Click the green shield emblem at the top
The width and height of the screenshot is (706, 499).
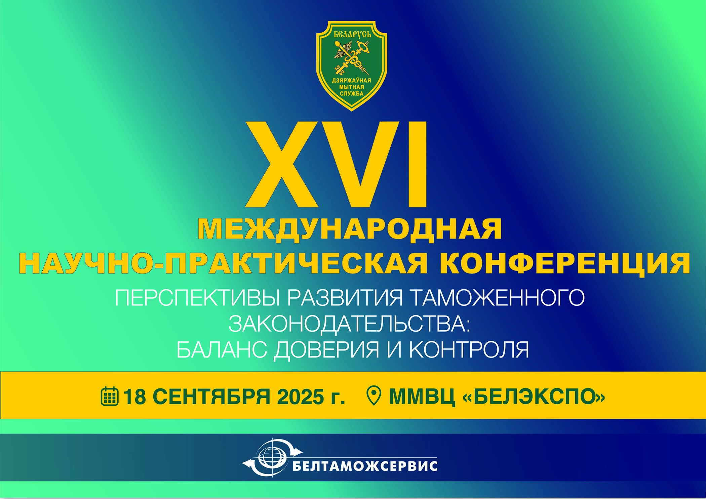click(352, 66)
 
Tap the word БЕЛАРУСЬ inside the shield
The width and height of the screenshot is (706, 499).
click(352, 34)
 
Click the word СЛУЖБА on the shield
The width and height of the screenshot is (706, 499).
click(352, 93)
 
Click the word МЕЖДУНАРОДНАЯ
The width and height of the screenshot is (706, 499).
click(350, 229)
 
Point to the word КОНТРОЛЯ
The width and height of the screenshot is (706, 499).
click(469, 350)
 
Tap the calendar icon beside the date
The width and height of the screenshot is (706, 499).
click(110, 396)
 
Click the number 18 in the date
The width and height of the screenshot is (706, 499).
click(134, 397)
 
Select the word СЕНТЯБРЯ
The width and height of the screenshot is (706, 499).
click(211, 397)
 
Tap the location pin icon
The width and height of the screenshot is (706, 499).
click(374, 396)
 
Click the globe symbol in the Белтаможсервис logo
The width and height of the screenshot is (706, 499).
click(272, 458)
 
